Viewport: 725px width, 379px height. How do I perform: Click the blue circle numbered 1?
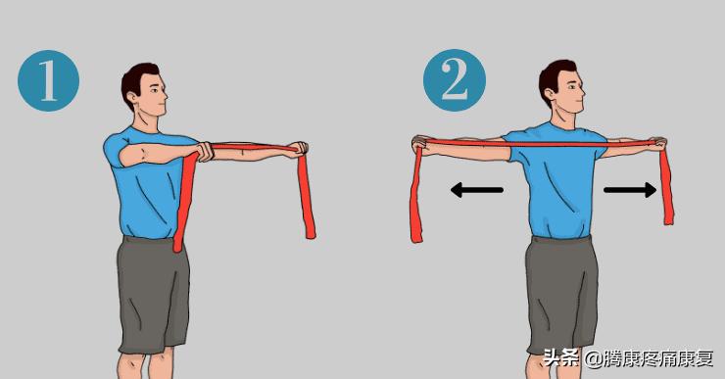49,81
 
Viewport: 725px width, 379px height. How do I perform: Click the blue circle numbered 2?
455,80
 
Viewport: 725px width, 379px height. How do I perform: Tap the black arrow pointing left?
477,190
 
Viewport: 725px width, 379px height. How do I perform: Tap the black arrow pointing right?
630,190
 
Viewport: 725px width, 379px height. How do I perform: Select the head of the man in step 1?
144,89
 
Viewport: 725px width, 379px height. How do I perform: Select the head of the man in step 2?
561,86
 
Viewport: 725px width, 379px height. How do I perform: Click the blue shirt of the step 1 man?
148,185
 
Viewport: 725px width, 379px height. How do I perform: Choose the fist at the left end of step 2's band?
420,144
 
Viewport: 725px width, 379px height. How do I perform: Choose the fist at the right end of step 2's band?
658,144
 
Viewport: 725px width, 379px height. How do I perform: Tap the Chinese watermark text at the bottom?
628,357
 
